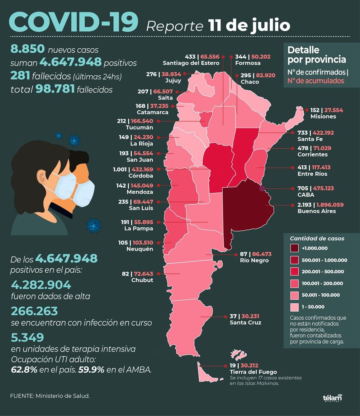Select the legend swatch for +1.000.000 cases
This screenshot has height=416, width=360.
coord(295,248)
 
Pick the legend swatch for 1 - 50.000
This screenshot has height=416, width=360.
coord(295,307)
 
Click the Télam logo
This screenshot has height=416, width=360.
coord(332,398)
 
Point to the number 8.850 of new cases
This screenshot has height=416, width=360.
coord(27,49)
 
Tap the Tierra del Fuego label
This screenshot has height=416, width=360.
coord(253,372)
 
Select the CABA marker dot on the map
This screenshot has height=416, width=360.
coord(262,188)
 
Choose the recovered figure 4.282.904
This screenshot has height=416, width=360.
coord(41,285)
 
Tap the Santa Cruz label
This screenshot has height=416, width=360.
coord(245,322)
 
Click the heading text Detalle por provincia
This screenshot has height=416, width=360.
coord(316,54)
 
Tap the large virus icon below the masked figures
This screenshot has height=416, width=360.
coord(94,226)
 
